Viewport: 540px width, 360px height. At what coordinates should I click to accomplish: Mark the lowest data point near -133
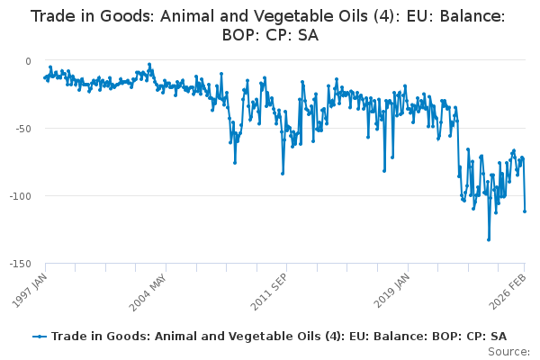(x=489, y=239)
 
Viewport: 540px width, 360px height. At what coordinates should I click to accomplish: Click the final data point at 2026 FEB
(x=525, y=211)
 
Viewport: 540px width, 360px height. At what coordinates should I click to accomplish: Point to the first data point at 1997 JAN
(x=45, y=77)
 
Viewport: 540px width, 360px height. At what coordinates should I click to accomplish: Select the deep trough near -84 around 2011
(x=283, y=173)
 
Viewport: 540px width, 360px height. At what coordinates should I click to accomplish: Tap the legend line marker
(x=40, y=337)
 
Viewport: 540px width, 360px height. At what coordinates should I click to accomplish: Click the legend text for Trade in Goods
(x=279, y=337)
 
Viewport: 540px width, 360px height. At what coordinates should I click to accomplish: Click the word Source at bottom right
(x=509, y=352)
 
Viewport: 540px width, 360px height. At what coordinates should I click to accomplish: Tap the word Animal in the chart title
(x=190, y=16)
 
